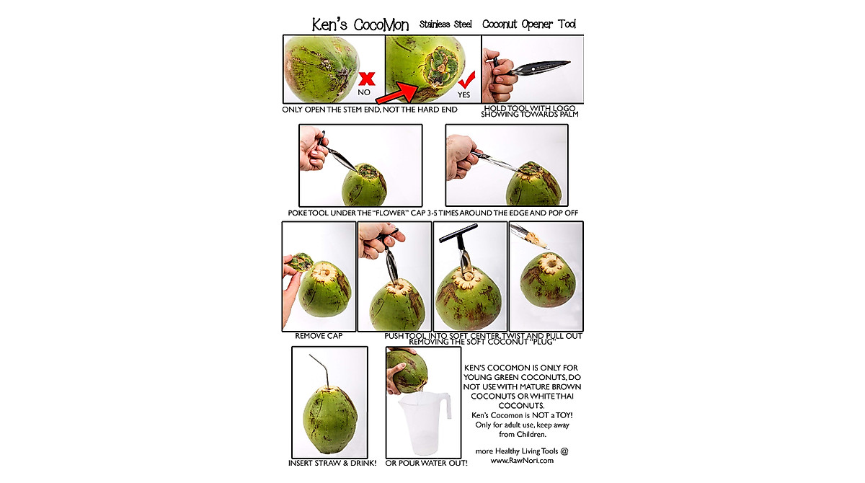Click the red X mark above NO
(x=367, y=79)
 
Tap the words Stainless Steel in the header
(x=445, y=25)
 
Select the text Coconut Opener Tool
(x=529, y=25)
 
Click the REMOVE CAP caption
(x=318, y=336)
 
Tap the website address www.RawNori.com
(x=522, y=460)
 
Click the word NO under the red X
(x=364, y=93)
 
